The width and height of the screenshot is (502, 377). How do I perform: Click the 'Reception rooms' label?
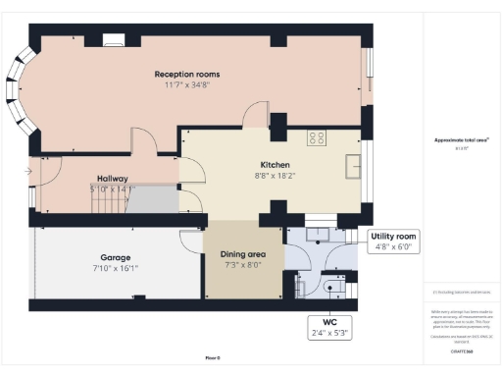186,75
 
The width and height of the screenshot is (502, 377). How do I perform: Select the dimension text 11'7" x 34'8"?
186,85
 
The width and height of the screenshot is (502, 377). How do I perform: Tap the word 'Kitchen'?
274,164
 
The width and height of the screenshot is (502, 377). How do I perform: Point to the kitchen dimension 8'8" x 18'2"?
274,175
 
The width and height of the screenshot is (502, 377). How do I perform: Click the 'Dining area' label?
243,254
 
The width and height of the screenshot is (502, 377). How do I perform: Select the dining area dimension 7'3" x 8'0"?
243,265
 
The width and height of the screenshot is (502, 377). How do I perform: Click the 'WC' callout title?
327,322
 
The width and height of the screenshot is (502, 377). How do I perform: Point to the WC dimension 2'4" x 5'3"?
327,333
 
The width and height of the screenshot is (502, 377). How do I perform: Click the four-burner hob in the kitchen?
317,138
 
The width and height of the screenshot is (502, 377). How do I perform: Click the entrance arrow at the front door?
28,172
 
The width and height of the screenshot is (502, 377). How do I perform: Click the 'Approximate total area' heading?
461,139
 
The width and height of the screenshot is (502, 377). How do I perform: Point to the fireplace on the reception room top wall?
115,41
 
